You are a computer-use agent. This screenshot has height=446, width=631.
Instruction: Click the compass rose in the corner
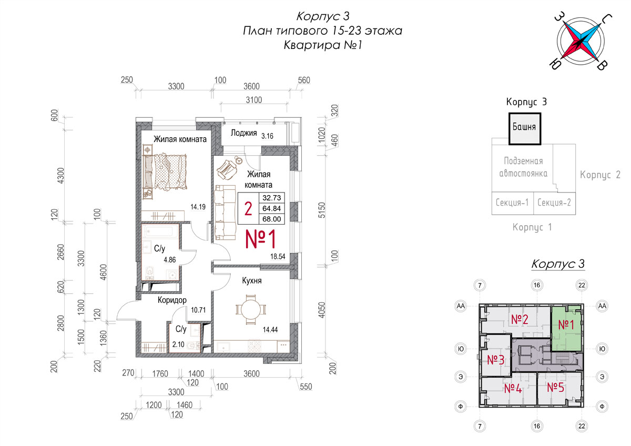581,41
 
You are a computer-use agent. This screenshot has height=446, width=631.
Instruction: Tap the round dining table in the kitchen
250,310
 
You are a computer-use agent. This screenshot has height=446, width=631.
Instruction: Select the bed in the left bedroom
165,171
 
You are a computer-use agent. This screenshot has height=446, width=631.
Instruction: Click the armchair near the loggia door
227,169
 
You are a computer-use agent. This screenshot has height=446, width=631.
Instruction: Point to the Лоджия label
243,133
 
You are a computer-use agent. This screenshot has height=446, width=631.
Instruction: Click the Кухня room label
252,281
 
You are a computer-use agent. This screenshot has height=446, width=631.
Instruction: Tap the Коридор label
172,300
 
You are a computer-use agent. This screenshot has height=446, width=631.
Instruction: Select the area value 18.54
278,256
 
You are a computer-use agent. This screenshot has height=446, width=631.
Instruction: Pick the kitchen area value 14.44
270,329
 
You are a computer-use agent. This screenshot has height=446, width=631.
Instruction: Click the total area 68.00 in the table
271,219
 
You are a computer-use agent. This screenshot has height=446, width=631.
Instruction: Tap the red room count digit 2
248,209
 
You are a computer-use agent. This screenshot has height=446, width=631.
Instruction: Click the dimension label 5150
322,210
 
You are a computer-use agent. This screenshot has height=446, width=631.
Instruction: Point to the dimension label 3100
254,100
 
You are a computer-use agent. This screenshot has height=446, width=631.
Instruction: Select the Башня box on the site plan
525,129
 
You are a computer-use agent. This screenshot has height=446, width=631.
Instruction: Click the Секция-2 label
554,202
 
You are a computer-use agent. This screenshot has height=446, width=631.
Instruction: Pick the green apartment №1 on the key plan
566,328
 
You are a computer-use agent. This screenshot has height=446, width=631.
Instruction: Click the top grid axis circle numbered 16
537,285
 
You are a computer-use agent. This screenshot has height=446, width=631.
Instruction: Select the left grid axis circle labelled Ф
461,406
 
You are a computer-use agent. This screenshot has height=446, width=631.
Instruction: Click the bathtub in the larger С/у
160,231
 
